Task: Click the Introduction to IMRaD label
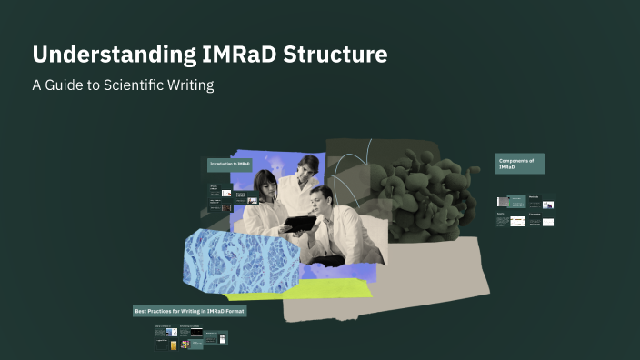pos(229,164)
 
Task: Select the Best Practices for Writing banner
pos(190,311)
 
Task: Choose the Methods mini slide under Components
pos(544,204)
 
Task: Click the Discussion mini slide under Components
pos(544,220)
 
